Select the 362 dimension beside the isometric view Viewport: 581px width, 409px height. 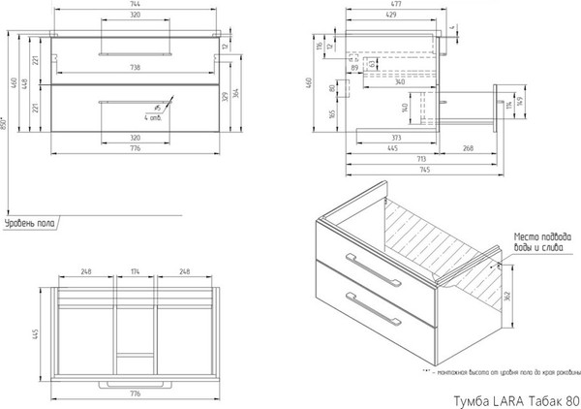pos(506,297)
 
